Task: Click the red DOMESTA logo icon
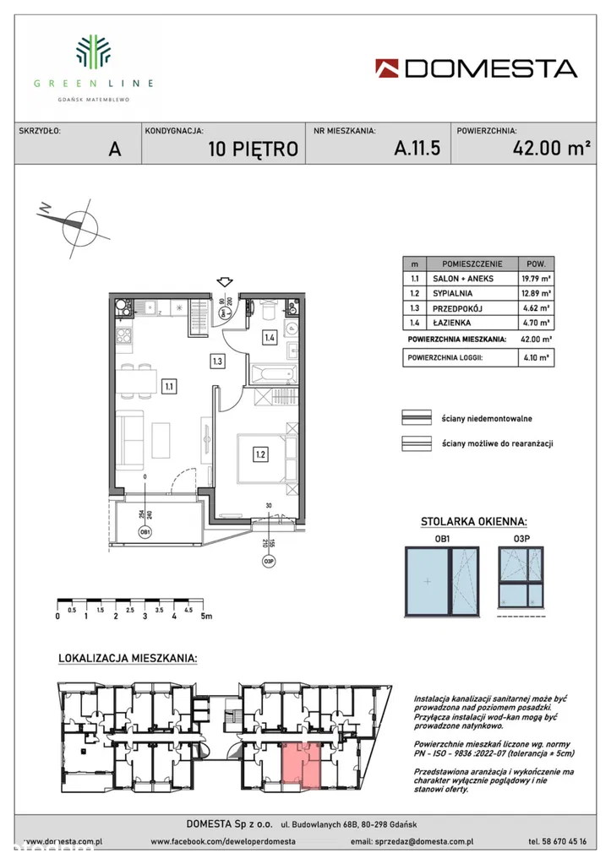(x=389, y=68)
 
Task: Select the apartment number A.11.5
(x=417, y=149)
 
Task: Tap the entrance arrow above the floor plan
(x=224, y=282)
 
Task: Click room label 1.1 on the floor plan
(x=169, y=387)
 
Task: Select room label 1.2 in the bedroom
(x=260, y=454)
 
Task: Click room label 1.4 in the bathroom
(x=270, y=338)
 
